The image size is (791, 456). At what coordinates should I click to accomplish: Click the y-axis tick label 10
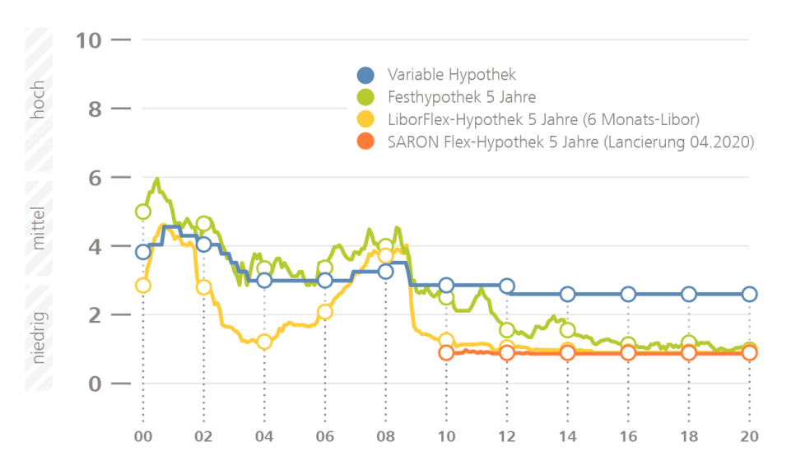tap(91, 40)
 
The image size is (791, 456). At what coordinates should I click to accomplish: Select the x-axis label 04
tap(264, 436)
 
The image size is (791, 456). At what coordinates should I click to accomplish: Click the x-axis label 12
tap(507, 436)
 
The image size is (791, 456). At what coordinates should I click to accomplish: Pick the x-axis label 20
tap(749, 436)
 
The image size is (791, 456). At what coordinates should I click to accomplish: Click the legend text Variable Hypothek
tap(452, 76)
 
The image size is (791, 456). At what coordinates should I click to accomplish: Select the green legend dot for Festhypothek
tap(365, 97)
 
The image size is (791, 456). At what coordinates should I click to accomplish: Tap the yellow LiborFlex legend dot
tap(365, 119)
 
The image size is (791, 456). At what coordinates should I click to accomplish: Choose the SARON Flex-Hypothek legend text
tap(570, 142)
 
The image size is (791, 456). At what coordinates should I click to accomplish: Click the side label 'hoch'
tap(38, 100)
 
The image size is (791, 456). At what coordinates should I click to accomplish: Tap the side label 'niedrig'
tap(38, 337)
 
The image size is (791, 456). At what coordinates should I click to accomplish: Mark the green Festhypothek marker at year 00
tap(143, 212)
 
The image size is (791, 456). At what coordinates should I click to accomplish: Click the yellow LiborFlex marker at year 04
tap(264, 342)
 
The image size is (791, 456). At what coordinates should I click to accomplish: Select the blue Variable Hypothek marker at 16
tap(628, 295)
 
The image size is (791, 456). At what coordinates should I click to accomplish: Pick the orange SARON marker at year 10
tap(446, 353)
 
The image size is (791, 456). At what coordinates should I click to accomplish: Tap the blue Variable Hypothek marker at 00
tap(143, 252)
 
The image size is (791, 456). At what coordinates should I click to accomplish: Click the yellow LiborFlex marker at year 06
tap(325, 312)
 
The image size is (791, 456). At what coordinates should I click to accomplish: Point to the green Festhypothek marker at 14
tap(567, 330)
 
